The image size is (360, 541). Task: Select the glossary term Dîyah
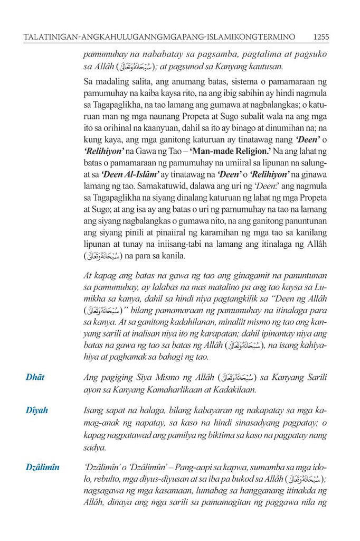pos(37,410)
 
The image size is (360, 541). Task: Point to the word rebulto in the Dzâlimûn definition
pos(113,480)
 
